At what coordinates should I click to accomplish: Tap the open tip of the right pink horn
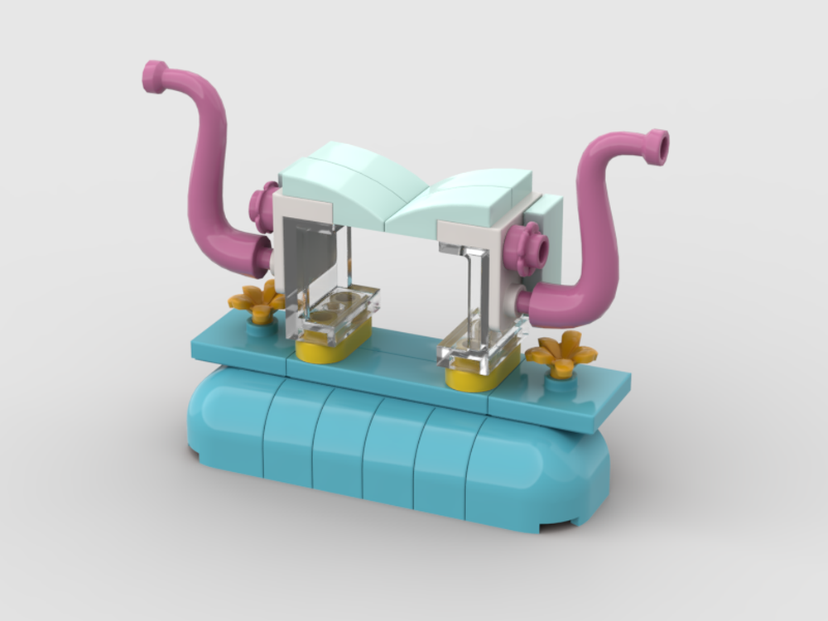[x=657, y=146]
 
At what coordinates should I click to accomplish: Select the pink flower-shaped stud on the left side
[x=264, y=206]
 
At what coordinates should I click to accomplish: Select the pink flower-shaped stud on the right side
[x=527, y=247]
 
